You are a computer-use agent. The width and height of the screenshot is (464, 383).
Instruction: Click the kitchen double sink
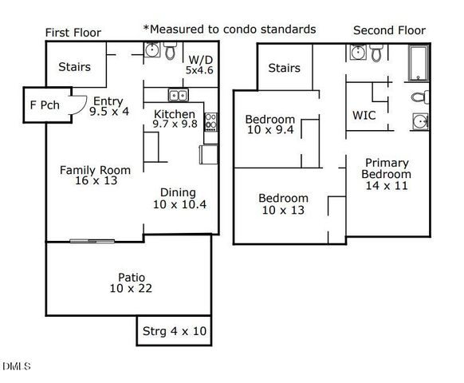point(178,95)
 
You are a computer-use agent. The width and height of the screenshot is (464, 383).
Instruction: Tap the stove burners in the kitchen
point(210,122)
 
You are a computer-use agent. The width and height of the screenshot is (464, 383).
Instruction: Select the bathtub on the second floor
point(418,63)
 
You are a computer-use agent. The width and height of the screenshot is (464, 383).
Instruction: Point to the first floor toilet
point(170,50)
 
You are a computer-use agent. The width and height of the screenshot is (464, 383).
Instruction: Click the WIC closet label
point(364,115)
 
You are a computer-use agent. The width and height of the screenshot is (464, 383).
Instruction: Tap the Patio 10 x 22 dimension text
point(131,288)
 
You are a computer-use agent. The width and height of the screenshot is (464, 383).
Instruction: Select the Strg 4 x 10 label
point(175,331)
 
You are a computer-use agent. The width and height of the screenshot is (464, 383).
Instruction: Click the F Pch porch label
point(45,105)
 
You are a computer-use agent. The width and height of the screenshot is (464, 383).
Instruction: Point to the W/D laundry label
point(200,60)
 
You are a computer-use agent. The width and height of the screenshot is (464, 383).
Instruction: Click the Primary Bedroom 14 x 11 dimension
point(387,186)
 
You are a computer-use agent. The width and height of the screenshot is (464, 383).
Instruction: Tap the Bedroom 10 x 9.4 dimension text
point(270,130)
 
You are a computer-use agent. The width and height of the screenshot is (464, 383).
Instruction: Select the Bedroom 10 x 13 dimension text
point(283,210)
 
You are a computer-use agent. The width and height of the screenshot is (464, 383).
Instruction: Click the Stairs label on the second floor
point(284,68)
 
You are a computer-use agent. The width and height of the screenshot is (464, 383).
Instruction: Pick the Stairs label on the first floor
point(75,67)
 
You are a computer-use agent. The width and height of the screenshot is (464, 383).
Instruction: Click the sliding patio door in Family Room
point(92,241)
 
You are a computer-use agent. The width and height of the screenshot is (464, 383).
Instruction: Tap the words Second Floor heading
point(389,30)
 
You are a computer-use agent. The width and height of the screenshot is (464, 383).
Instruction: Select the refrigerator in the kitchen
point(209,154)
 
